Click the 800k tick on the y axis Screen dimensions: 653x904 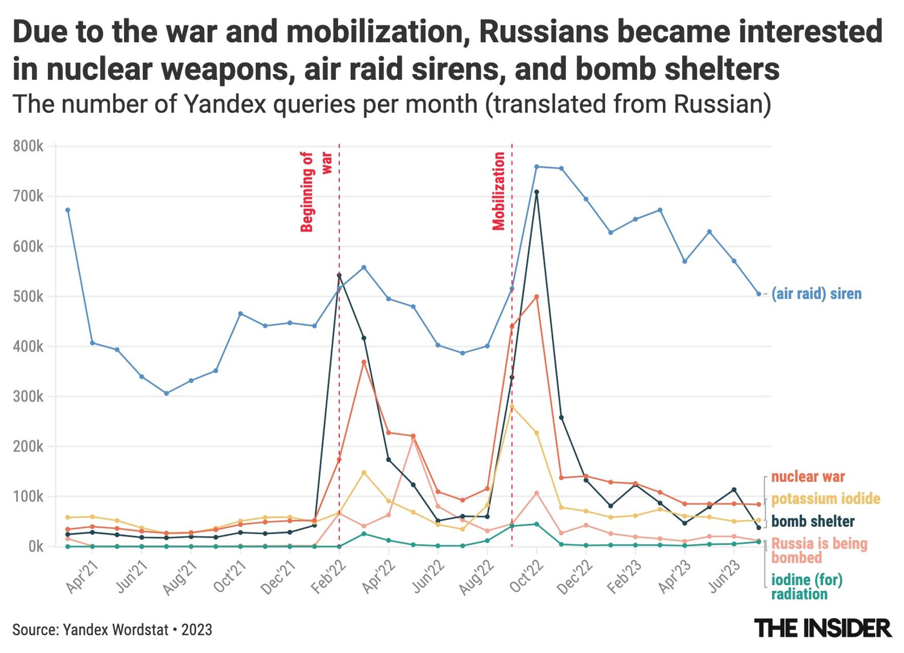(x=28, y=146)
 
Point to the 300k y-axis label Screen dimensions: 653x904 (x=28, y=397)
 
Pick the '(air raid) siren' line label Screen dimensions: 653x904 (x=816, y=294)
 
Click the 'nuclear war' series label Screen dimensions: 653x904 (x=807, y=477)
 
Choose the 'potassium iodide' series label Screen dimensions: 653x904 (x=825, y=498)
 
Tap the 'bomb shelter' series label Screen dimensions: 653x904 (x=813, y=521)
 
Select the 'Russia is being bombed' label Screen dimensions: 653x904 (x=819, y=551)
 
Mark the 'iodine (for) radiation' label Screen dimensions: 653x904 (x=806, y=587)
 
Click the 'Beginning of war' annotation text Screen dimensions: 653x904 (x=315, y=192)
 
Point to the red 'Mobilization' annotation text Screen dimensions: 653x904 (x=499, y=191)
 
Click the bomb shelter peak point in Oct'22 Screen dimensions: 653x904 (x=537, y=192)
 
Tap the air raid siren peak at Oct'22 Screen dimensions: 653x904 (x=537, y=167)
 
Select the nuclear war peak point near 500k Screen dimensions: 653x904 (x=537, y=296)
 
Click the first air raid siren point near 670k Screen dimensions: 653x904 (x=68, y=210)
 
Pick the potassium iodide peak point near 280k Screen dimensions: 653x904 (x=512, y=406)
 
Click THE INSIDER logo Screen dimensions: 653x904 (x=823, y=628)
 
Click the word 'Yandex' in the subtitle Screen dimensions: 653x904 (x=225, y=104)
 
